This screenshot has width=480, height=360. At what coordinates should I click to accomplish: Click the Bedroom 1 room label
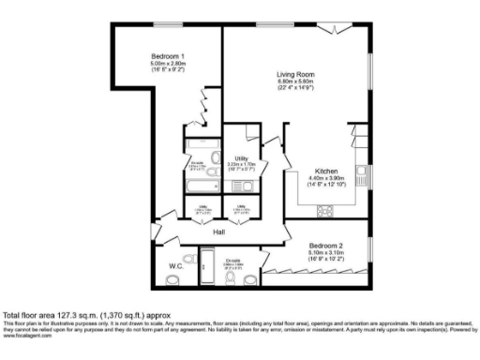point(165,57)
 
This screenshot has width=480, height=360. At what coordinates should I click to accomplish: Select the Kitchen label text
point(326,172)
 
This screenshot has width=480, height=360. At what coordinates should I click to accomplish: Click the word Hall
point(219,232)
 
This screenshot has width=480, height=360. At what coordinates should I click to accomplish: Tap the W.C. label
point(175,266)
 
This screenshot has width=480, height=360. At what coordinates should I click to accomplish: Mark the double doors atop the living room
point(328,29)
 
